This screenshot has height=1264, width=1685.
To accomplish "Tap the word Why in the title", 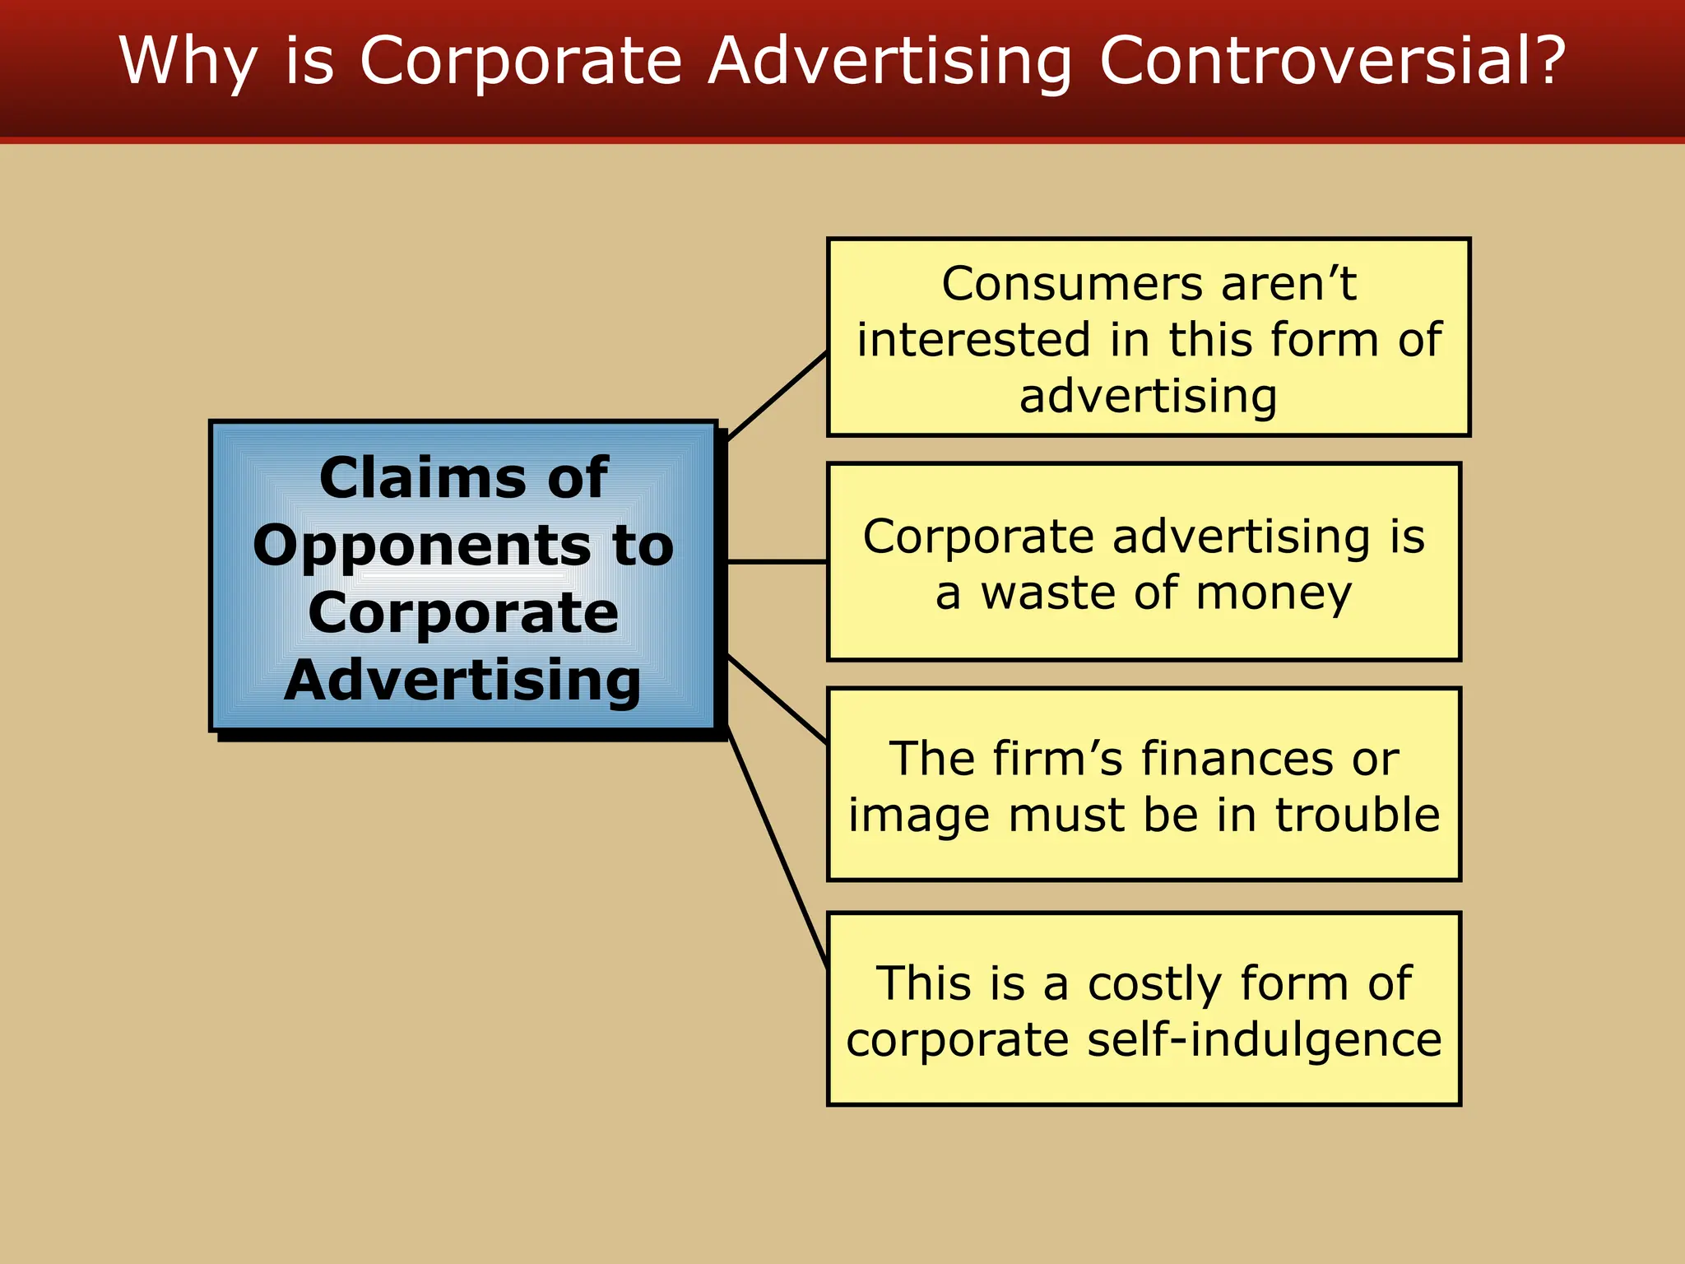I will pos(188,62).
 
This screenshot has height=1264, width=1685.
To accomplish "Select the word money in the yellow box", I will pos(1273,594).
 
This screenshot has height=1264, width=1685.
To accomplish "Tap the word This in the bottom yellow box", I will pos(922,983).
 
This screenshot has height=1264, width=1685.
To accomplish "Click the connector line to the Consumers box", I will pos(778,395).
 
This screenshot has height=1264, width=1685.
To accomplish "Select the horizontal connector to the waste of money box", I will pos(778,562).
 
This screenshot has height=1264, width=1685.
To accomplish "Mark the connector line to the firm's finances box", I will pos(778,700).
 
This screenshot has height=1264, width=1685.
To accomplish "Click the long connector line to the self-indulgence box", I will pos(778,848).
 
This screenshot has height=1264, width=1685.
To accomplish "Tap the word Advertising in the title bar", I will pos(889,62).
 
